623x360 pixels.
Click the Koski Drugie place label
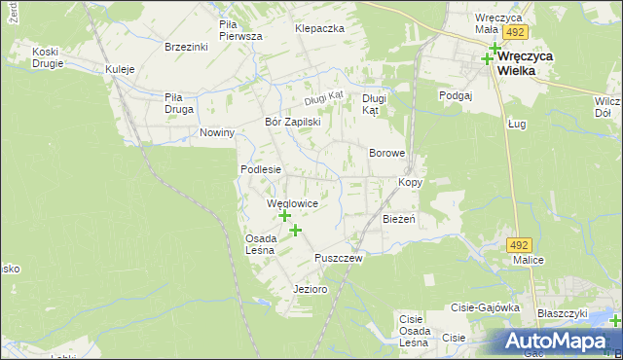click(x=47, y=57)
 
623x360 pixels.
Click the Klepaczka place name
click(x=320, y=28)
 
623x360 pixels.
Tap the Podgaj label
click(x=455, y=95)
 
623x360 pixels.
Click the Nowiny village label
click(x=217, y=132)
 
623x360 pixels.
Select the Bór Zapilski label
click(x=293, y=123)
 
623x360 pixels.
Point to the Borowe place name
click(x=386, y=154)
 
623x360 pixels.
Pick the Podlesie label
click(x=261, y=169)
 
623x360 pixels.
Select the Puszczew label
click(x=339, y=258)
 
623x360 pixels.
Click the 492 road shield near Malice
click(x=521, y=245)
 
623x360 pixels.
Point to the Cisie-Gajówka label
click(x=484, y=306)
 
